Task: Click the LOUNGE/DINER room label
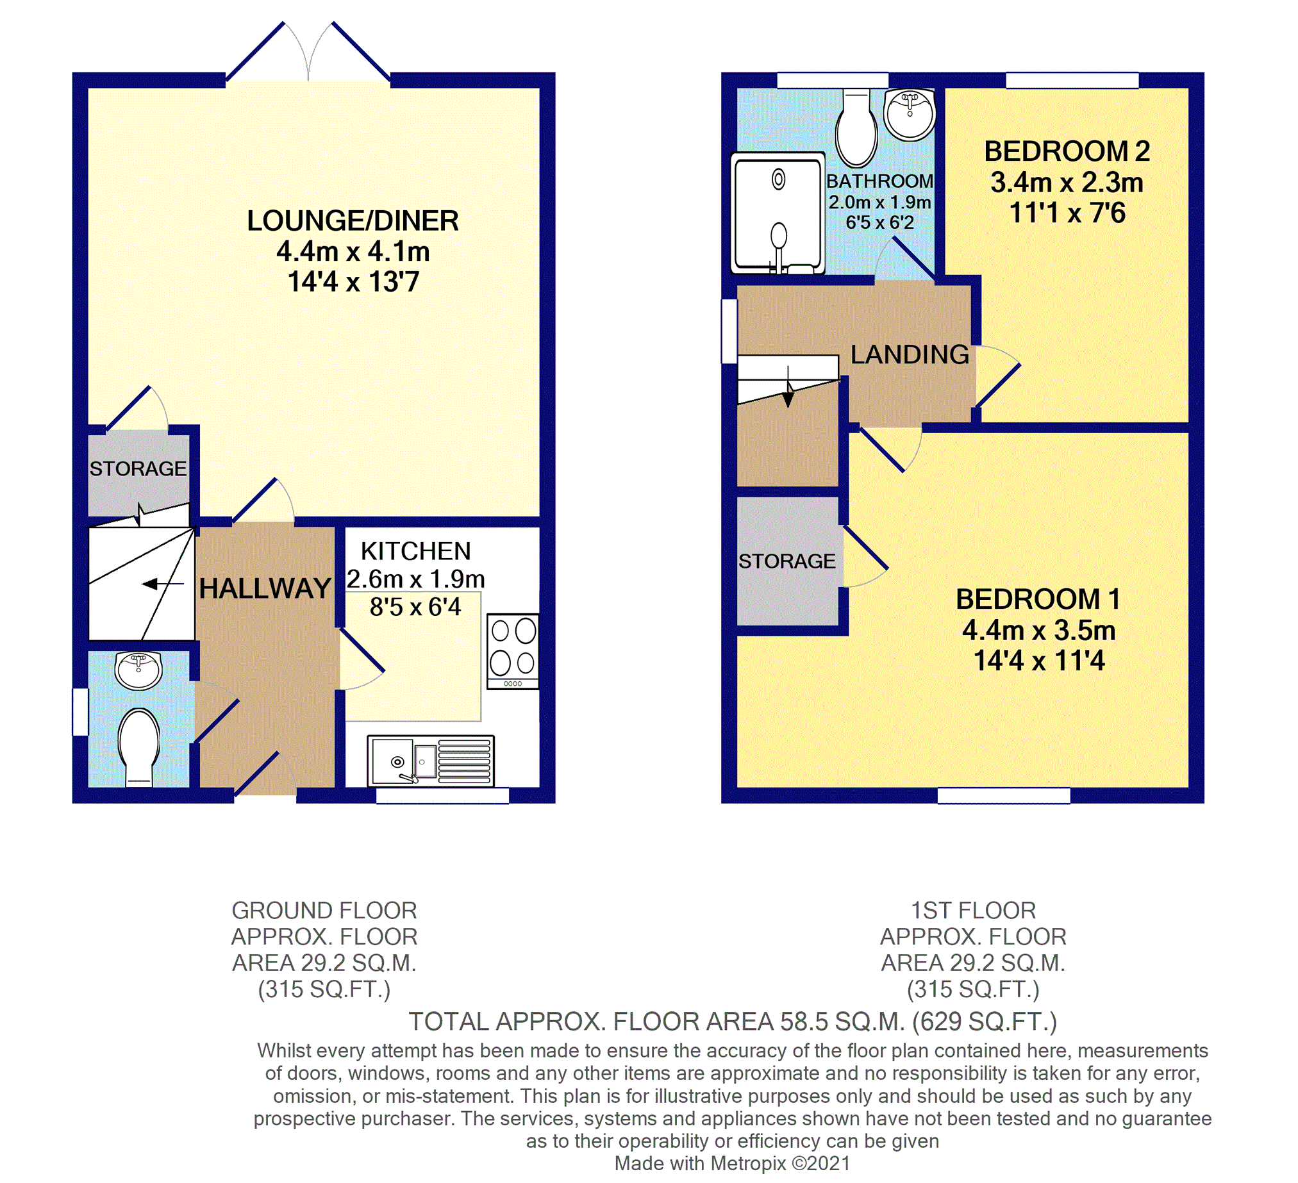pyautogui.click(x=353, y=221)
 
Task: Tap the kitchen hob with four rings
pyautogui.click(x=513, y=650)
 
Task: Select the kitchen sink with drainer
pyautogui.click(x=431, y=761)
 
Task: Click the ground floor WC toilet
pyautogui.click(x=139, y=746)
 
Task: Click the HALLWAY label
pyautogui.click(x=265, y=588)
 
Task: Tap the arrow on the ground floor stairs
pyautogui.click(x=154, y=584)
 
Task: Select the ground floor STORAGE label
pyautogui.click(x=138, y=468)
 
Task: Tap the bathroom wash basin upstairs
pyautogui.click(x=909, y=115)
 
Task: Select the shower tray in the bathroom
pyautogui.click(x=778, y=212)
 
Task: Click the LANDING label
pyautogui.click(x=909, y=354)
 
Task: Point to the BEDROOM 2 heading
pyautogui.click(x=1067, y=152)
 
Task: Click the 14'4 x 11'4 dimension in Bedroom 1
pyautogui.click(x=1038, y=661)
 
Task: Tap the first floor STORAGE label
pyautogui.click(x=786, y=561)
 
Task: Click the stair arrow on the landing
pyautogui.click(x=788, y=394)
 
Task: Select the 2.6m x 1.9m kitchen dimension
pyautogui.click(x=416, y=579)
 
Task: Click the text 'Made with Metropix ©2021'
pyautogui.click(x=732, y=1163)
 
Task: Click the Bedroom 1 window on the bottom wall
pyautogui.click(x=1003, y=795)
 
